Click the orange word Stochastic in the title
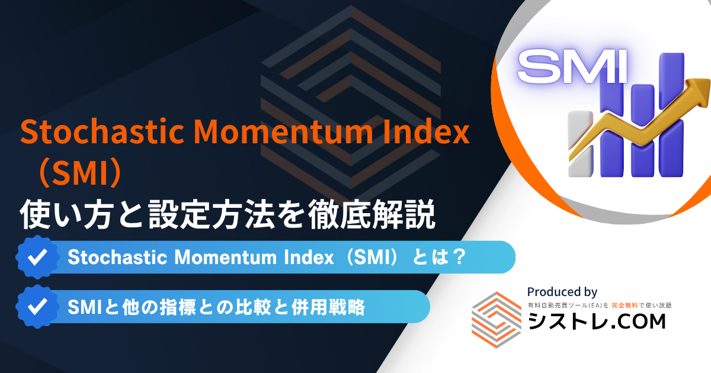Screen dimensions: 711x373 [x=102, y=131]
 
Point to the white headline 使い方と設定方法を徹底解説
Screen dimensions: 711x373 [x=228, y=214]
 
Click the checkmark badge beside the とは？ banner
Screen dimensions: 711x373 [x=37, y=257]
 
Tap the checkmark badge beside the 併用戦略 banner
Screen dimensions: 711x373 [x=37, y=307]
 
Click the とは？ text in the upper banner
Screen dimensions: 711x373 [x=439, y=256]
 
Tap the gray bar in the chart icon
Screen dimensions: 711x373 [x=580, y=144]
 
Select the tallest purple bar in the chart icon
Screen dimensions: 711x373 [x=672, y=114]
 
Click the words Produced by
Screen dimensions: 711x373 [x=562, y=292]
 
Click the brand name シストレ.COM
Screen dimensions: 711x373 [x=597, y=321]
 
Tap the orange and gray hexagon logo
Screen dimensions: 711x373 [x=497, y=320]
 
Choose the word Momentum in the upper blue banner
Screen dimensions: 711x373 [x=225, y=257]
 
